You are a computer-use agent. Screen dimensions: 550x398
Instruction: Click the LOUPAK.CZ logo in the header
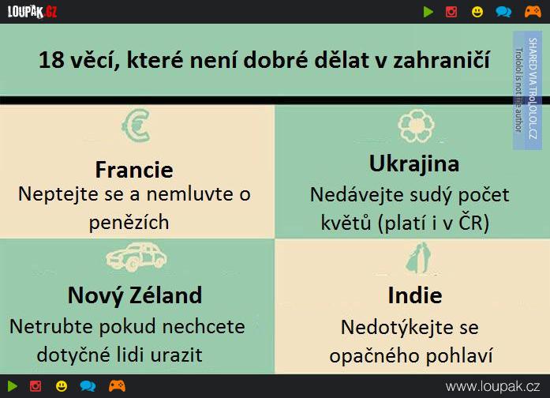[32, 12]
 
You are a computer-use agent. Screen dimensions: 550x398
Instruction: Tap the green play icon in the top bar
[428, 12]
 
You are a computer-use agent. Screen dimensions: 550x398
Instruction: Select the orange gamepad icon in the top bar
[533, 12]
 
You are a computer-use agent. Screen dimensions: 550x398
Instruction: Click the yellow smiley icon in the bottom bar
[62, 386]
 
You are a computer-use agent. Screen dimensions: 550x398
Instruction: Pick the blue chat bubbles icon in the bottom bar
[88, 386]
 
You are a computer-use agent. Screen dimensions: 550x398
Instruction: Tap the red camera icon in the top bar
[451, 12]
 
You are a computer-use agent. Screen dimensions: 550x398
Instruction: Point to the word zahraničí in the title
[441, 60]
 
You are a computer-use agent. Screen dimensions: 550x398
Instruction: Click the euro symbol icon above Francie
[136, 126]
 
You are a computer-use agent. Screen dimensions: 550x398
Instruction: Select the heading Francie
[134, 170]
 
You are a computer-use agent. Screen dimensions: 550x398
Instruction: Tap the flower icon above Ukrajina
[416, 126]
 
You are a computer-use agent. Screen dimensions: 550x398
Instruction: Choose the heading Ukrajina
[414, 164]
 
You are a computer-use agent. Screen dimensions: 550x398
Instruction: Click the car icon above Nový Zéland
[136, 257]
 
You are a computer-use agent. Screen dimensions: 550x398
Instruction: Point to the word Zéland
[166, 295]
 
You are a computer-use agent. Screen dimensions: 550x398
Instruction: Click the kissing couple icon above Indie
[417, 257]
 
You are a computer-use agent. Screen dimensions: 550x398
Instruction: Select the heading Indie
[415, 295]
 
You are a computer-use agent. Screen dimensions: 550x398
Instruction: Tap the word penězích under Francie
[129, 223]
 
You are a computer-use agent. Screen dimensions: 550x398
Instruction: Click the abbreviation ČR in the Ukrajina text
[473, 223]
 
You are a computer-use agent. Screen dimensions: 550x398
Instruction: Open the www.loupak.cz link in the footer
[493, 387]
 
